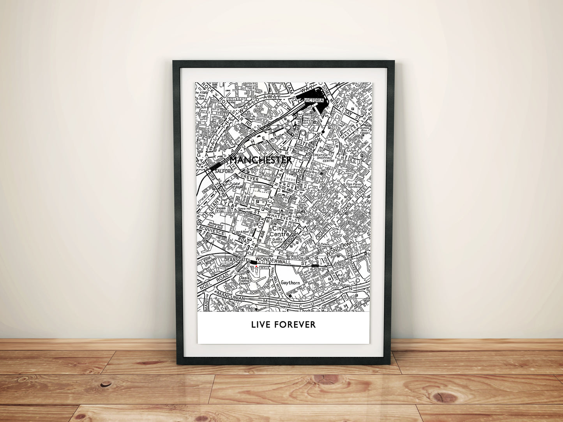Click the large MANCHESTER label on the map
click(261, 160)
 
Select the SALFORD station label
click(223, 171)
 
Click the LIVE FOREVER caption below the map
click(283, 324)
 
